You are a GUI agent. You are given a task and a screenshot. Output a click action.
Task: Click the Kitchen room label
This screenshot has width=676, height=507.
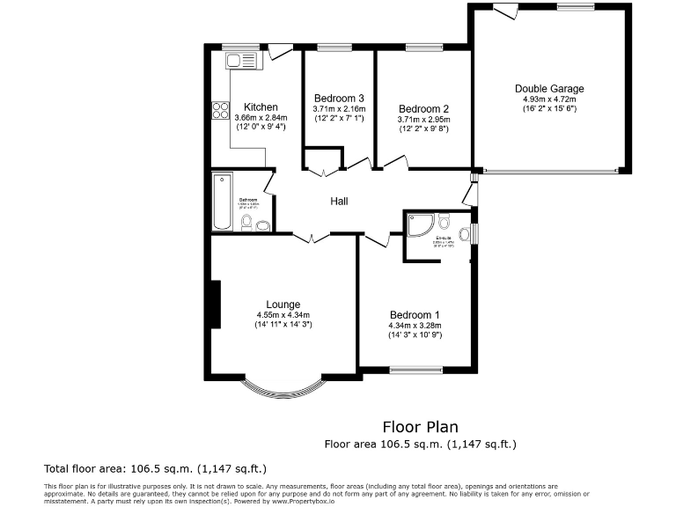click(x=261, y=107)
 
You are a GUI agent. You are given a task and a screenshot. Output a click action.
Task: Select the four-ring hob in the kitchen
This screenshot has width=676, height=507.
click(x=220, y=110)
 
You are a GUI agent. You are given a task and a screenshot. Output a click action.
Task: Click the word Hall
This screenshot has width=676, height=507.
click(x=339, y=202)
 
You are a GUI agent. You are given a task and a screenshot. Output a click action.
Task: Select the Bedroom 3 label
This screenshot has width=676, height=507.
click(x=339, y=98)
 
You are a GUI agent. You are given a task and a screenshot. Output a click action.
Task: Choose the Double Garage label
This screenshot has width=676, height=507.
click(x=549, y=89)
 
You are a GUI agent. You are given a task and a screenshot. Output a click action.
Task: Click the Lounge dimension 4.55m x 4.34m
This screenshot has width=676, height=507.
click(x=283, y=315)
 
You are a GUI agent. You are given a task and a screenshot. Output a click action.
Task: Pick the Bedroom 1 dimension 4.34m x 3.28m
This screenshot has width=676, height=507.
click(x=415, y=326)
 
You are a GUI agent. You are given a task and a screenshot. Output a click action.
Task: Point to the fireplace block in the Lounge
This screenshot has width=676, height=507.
click(x=214, y=305)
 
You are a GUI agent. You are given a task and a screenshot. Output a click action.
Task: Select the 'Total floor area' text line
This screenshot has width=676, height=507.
click(x=155, y=468)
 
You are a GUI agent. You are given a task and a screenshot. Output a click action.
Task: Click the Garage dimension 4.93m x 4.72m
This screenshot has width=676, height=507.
click(x=549, y=99)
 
